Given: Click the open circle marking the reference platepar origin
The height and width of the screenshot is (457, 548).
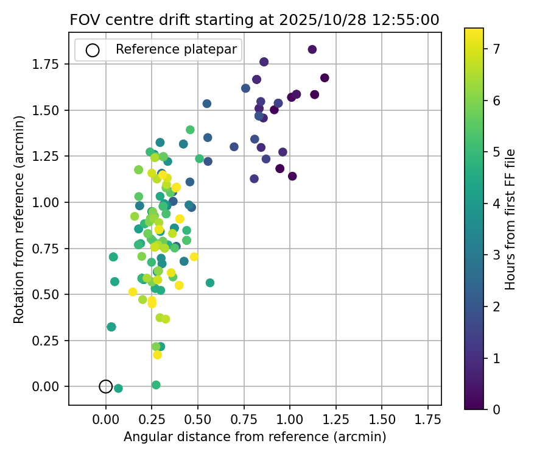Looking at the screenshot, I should point(106,386).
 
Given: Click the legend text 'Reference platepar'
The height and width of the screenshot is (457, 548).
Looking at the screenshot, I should point(176,50).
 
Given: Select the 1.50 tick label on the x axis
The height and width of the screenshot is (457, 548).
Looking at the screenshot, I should point(381,420).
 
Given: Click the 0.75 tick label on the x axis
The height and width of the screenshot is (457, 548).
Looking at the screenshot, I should point(244,420).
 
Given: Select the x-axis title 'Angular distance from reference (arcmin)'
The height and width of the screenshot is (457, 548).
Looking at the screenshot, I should point(255,437).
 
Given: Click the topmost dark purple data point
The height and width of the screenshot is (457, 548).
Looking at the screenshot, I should point(312,49).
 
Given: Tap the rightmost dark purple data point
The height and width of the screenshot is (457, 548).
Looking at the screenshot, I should point(325,78).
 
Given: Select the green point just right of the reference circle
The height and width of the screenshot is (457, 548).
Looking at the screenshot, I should point(118,388).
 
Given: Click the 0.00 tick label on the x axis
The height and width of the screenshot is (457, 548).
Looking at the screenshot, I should point(106,420).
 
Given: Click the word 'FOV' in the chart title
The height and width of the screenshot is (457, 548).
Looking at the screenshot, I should point(83,19).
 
